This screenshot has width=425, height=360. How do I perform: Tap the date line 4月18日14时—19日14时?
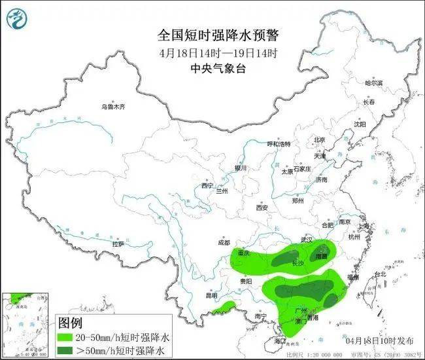coord(212,52)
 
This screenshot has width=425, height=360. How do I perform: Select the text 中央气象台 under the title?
coord(212,68)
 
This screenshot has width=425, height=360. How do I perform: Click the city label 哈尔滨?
coord(373,83)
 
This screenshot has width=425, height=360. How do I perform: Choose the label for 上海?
coord(364,226)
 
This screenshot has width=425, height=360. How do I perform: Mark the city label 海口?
coord(280,340)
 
